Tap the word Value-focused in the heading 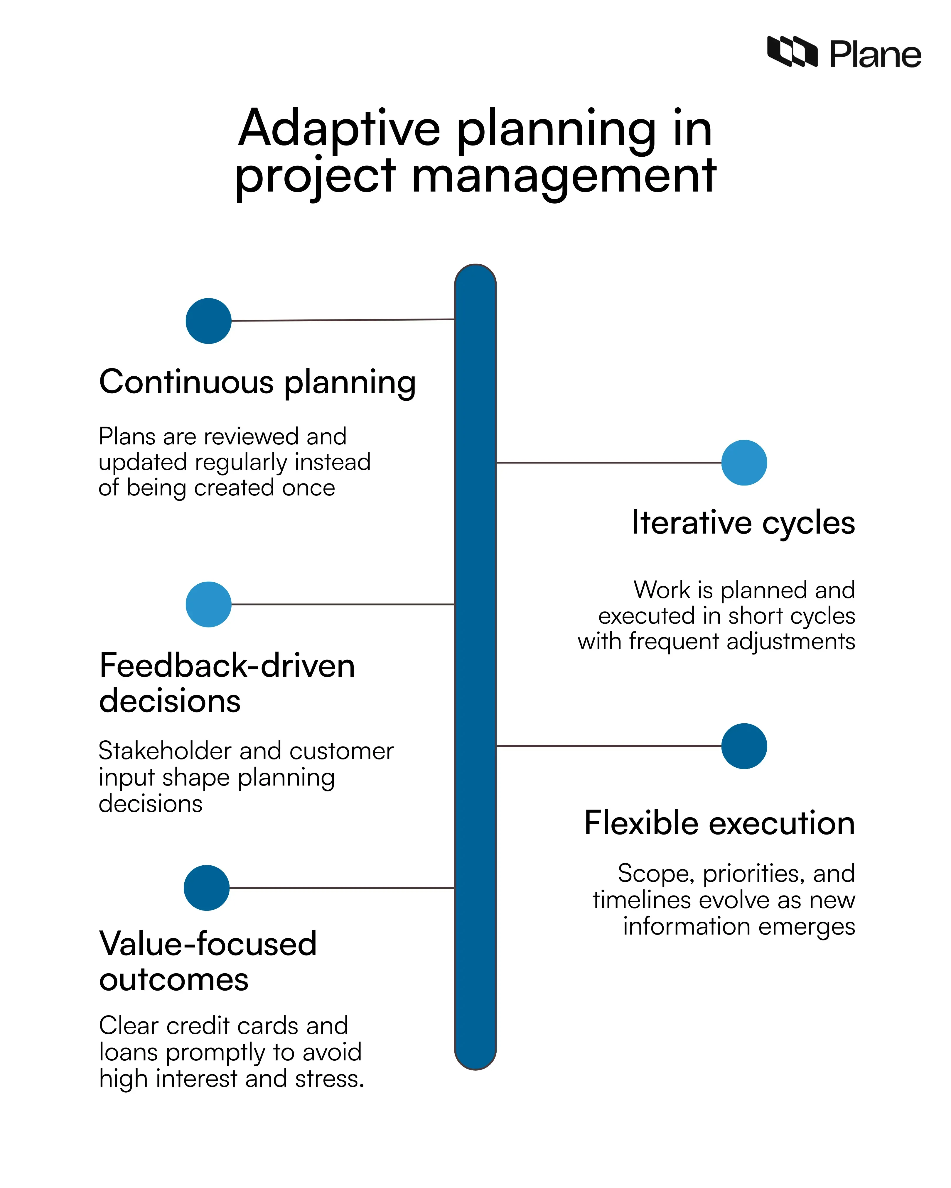coord(208,944)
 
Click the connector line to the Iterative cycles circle coord(609,463)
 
